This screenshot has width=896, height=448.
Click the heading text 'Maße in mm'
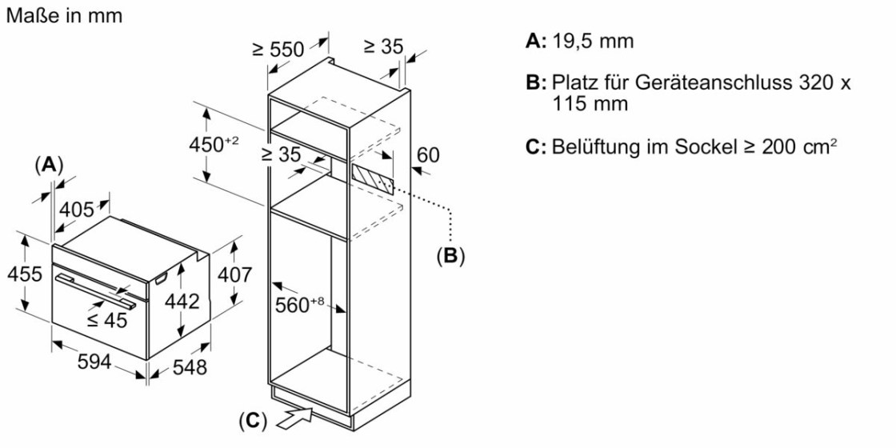64,15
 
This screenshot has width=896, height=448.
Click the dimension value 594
94,362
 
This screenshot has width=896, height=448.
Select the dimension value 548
190,367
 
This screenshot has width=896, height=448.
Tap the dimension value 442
182,302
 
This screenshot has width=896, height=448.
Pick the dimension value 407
235,274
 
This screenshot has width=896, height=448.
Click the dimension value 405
77,210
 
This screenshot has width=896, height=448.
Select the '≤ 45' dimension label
107,320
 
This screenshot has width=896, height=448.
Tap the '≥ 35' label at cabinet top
383,46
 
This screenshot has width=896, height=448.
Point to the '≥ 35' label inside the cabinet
282,155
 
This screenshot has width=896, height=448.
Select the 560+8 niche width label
299,304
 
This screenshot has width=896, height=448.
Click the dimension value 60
428,154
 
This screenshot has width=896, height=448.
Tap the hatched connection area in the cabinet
372,177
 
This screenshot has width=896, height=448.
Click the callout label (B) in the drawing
450,257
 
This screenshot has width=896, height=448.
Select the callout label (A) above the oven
49,165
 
